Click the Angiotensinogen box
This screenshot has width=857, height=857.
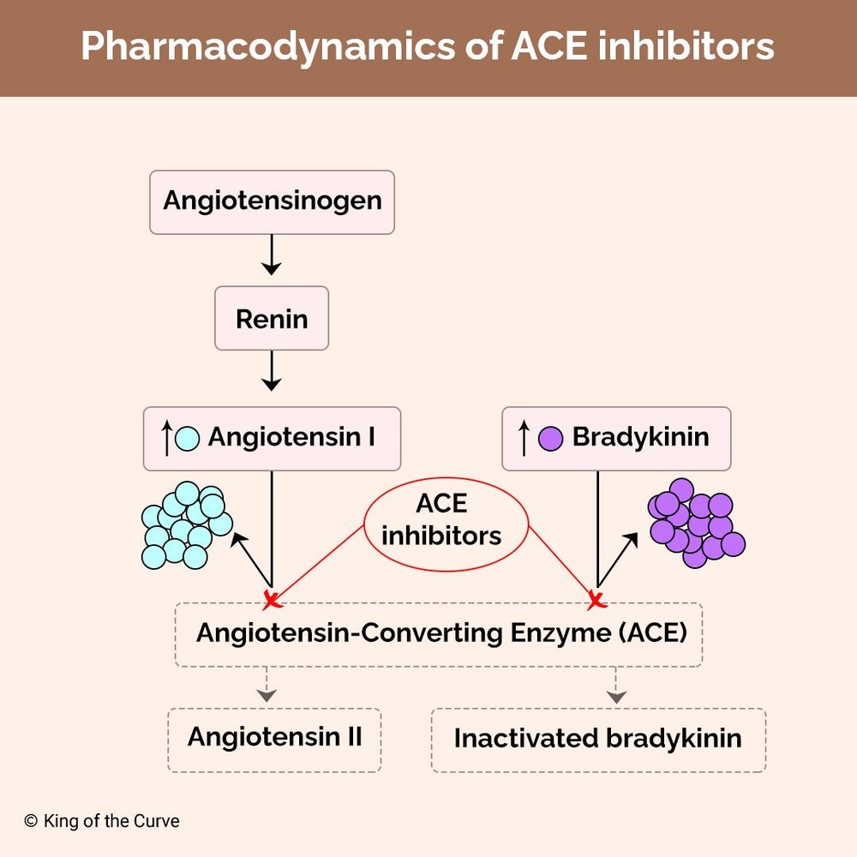click(272, 202)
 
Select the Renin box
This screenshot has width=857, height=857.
click(272, 319)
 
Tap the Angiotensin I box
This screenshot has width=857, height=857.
click(272, 438)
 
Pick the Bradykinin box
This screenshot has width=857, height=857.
click(616, 438)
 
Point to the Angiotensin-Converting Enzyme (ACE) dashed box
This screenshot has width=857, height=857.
click(439, 634)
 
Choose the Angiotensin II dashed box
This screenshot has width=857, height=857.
click(274, 737)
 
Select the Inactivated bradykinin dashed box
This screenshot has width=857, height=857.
click(597, 739)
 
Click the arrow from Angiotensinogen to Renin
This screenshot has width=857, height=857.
click(272, 255)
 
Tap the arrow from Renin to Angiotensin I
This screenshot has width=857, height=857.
click(272, 371)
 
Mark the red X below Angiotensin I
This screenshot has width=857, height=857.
click(272, 600)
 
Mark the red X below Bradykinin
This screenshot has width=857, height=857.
click(596, 600)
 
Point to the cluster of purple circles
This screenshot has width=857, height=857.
click(695, 523)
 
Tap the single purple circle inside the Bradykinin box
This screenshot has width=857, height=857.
click(549, 439)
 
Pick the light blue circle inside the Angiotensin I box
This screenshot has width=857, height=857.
click(187, 439)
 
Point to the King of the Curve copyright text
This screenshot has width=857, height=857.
click(102, 821)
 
